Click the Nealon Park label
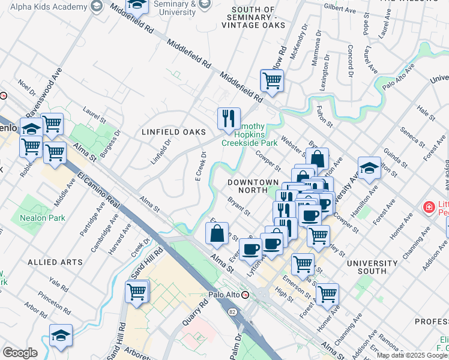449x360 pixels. coord(41,218)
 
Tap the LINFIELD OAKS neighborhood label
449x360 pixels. coord(173,132)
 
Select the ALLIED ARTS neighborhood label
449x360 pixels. coord(55,262)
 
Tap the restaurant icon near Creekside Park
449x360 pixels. coord(228,119)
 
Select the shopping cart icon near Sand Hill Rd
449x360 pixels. coord(137,292)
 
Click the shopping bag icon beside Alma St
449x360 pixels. coord(217,234)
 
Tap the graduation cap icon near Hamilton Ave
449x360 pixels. coord(369,169)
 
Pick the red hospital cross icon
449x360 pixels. coord(429,208)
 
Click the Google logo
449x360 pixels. coord(20,353)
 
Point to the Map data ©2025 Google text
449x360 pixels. coord(412,355)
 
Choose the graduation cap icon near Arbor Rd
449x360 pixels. coord(61,337)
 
